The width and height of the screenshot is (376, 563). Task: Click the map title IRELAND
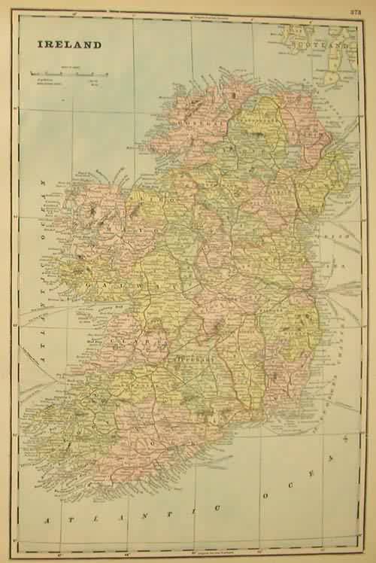click(67, 44)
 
